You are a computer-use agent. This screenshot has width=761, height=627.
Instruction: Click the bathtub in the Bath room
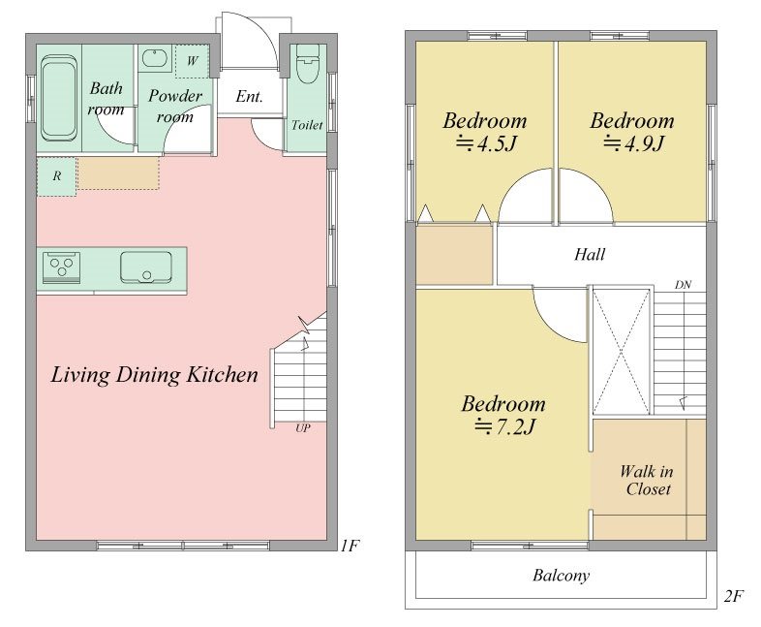58,99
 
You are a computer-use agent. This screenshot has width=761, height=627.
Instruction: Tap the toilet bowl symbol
307,64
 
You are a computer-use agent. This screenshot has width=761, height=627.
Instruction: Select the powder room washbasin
154,59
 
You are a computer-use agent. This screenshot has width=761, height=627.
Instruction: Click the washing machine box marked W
193,61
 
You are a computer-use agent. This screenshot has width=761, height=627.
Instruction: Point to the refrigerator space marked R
56,176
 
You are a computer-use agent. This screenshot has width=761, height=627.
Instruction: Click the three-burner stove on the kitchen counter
62,266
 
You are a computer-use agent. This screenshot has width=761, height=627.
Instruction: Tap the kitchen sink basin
146,266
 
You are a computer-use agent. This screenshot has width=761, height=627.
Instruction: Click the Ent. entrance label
249,96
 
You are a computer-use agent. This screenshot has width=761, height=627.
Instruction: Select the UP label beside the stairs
303,428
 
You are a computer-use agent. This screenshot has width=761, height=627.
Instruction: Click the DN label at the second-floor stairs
683,285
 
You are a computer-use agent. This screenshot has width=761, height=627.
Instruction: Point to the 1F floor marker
349,546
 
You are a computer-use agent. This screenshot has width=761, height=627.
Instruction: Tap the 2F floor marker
733,596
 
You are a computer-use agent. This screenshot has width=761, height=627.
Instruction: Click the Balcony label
561,576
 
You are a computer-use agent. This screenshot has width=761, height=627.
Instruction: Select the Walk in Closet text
647,480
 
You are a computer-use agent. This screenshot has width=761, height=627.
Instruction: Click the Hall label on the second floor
590,254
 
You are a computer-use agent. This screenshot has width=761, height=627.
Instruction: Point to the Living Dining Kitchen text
154,375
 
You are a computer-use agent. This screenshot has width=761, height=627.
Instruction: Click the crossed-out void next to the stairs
622,352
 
